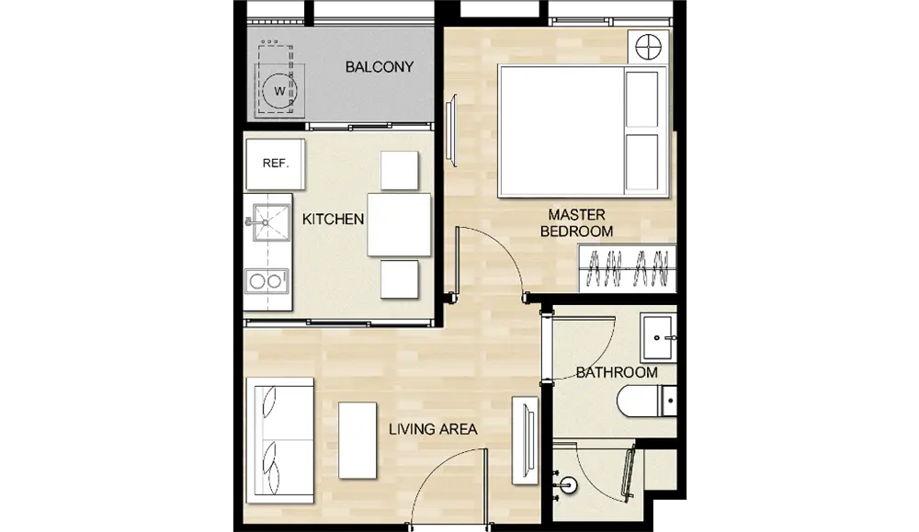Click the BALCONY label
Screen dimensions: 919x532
pos(380,67)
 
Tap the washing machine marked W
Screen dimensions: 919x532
pos(279,89)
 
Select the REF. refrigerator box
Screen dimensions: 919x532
pos(276,164)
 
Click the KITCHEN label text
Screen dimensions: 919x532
pos(333,219)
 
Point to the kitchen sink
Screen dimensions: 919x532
pos(271,222)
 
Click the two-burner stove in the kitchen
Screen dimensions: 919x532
pos(267,281)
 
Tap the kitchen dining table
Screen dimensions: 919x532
pos(399,225)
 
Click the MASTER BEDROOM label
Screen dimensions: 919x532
pos(577,223)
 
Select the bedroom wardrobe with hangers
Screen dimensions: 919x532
pos(627,268)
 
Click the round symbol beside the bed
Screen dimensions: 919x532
pos(648,46)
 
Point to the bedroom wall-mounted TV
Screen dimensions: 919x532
pos(450,130)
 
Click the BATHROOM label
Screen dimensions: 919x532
pos(617,373)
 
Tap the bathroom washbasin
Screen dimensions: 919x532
pos(659,337)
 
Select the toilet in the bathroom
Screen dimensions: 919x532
pos(647,401)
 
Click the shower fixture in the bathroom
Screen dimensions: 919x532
pos(566,484)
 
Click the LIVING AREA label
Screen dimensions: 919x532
pos(433,429)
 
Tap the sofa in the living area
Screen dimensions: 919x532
pos(280,441)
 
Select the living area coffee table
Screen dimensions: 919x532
pos(357,440)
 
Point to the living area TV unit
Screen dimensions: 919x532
pos(525,441)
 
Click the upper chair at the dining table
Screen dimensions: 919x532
pos(399,171)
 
